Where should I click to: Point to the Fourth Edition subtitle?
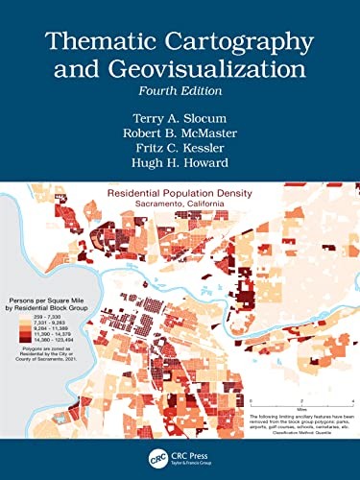(x=180, y=92)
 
